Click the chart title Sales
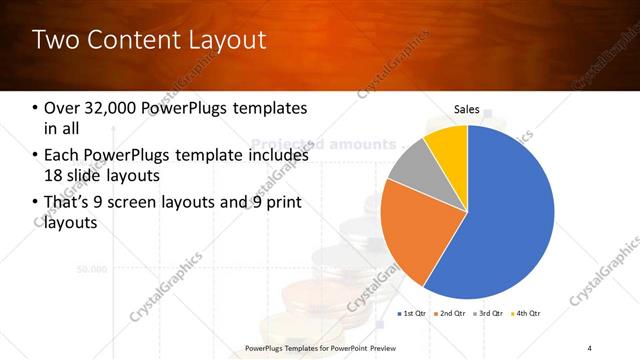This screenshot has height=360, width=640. click(x=466, y=108)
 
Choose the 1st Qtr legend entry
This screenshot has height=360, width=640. click(x=414, y=314)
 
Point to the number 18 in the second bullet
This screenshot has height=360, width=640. click(x=56, y=176)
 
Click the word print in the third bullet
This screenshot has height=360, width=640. click(x=280, y=203)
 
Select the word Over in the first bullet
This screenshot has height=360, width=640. click(x=63, y=108)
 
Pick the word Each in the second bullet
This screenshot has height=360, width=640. click(x=63, y=156)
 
